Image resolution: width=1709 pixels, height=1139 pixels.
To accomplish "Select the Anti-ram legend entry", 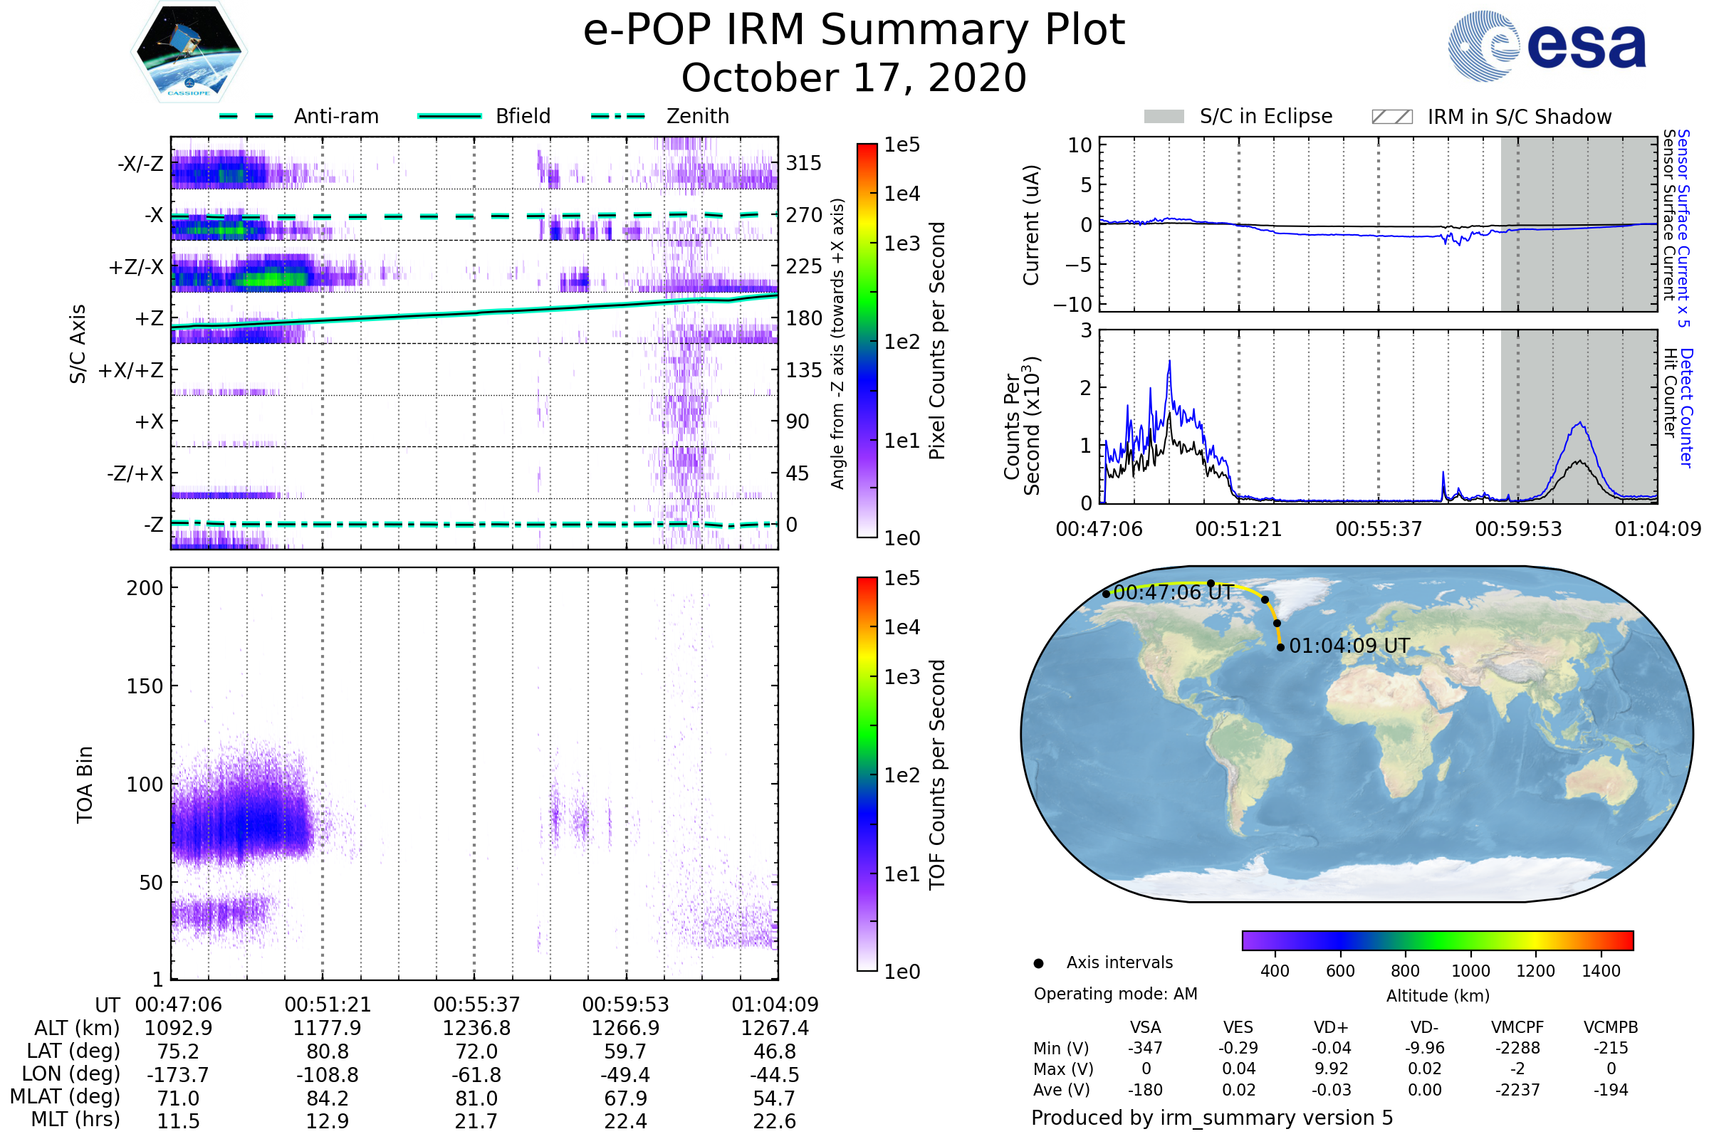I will point(335,116).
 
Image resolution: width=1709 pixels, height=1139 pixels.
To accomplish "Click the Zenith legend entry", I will point(697,116).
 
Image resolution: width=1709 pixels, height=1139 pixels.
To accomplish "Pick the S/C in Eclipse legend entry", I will point(1265,116).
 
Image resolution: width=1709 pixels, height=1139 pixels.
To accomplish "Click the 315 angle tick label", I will point(804,163).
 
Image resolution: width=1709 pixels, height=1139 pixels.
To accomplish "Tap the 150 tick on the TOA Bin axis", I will point(145,686).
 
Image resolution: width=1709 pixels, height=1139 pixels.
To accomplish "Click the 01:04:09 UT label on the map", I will point(1349,646).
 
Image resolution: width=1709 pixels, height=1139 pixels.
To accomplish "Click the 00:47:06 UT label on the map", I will point(1173,592).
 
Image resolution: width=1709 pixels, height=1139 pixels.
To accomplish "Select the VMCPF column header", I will point(1517,1027).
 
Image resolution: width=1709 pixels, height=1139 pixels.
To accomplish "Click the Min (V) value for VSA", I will point(1145,1048).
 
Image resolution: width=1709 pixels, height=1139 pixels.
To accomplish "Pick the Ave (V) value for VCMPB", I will point(1610,1090).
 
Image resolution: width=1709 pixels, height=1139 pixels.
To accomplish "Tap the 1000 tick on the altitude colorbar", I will point(1470,971).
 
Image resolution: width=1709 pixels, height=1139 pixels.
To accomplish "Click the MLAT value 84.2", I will point(328,1098).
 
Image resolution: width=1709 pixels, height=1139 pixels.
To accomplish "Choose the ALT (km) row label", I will point(77,1029).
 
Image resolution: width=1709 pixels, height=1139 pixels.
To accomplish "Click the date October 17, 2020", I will point(854,78).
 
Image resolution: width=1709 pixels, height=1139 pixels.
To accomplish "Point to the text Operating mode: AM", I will point(1115,994).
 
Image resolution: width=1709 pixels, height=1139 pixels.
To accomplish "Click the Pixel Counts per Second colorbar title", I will point(937,341).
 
